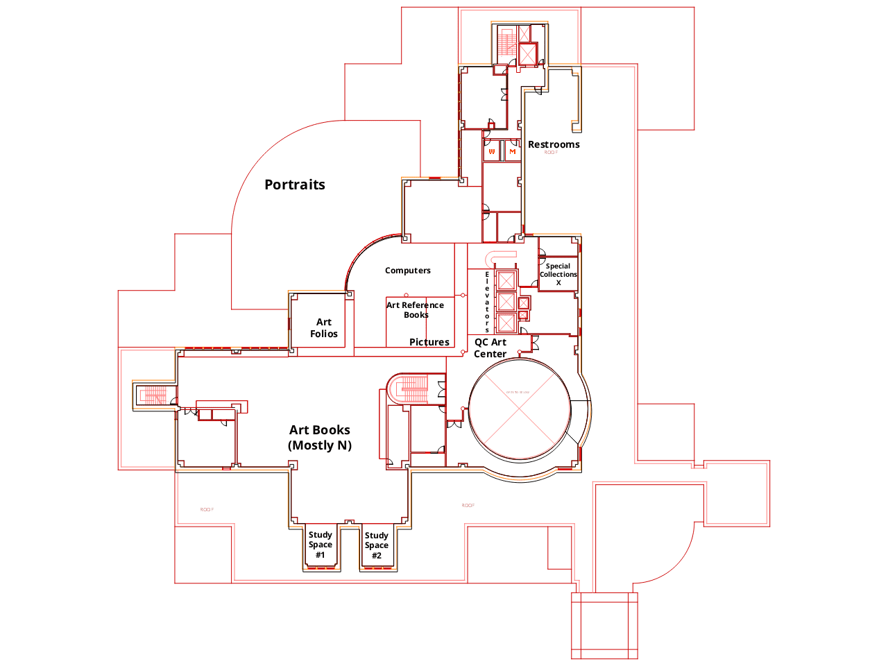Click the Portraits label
coord(295,185)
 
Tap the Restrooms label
coord(554,144)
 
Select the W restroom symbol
coord(492,151)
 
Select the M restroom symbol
coord(513,151)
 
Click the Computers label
coord(408,271)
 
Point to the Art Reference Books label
coord(415,309)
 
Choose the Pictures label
coord(429,342)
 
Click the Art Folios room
coord(323,327)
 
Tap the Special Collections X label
coord(558,274)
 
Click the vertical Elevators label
coord(487,302)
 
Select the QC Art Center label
coord(490,348)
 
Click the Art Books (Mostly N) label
coord(320,437)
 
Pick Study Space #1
coord(321,545)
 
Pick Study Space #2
coord(377,545)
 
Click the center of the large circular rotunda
coord(520,409)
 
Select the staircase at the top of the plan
coord(505,43)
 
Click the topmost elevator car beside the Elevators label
coord(506,281)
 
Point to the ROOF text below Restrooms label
coord(551,153)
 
